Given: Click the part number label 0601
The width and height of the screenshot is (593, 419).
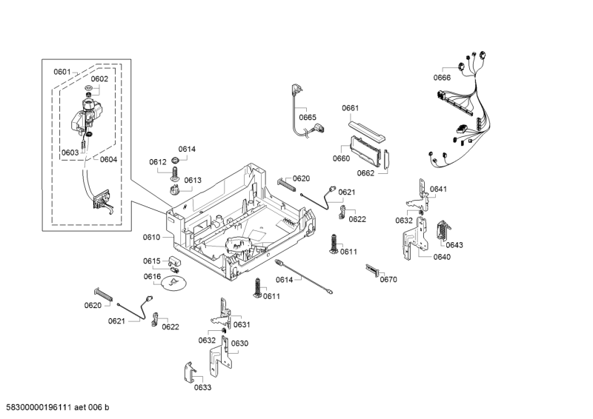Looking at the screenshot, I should pyautogui.click(x=62, y=72).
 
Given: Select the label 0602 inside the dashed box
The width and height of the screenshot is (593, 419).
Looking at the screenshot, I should pyautogui.click(x=99, y=78).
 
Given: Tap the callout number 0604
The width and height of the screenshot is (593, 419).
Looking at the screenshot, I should pyautogui.click(x=108, y=159).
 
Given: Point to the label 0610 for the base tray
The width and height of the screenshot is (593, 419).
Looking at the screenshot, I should pyautogui.click(x=151, y=237).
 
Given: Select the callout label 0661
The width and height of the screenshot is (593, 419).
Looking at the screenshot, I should pyautogui.click(x=351, y=108).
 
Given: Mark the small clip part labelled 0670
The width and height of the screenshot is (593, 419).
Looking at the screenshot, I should pyautogui.click(x=372, y=270).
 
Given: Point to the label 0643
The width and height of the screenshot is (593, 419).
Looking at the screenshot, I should pyautogui.click(x=454, y=244).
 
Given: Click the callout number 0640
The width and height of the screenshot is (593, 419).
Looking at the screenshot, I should pyautogui.click(x=442, y=257).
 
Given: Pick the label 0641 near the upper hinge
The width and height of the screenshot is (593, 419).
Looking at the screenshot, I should pyautogui.click(x=438, y=189).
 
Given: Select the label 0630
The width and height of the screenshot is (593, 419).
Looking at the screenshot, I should pyautogui.click(x=239, y=343).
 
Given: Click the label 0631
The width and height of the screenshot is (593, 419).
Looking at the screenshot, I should pyautogui.click(x=242, y=324).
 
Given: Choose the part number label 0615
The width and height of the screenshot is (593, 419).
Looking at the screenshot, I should pyautogui.click(x=152, y=261).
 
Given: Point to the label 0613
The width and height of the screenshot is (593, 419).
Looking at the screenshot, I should pyautogui.click(x=193, y=180).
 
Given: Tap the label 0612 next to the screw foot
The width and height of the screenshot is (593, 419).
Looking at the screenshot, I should pyautogui.click(x=157, y=161).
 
